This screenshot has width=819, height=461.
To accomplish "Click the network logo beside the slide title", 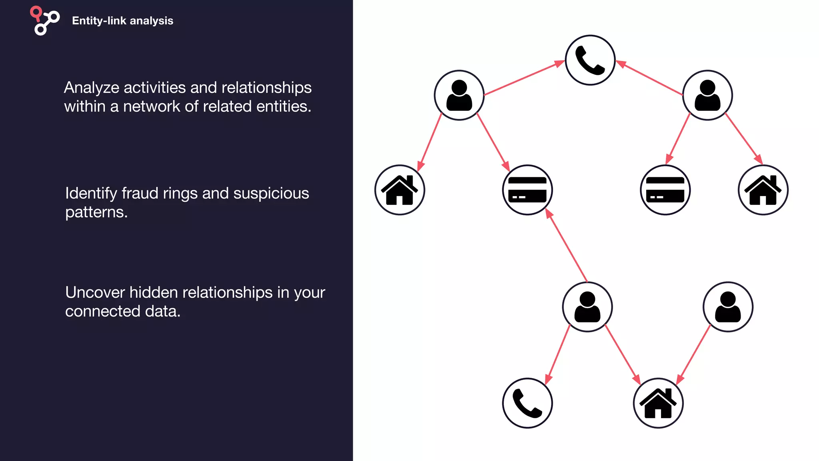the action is point(45,21).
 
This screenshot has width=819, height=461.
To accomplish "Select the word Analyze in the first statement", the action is point(91,88).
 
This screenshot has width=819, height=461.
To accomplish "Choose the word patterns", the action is point(96,212).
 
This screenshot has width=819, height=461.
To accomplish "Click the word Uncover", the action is point(95,293).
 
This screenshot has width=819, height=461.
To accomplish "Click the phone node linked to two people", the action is point(590,60).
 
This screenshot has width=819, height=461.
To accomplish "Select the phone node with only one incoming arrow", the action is point(527,403).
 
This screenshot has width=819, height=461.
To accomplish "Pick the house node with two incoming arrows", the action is point(658,403).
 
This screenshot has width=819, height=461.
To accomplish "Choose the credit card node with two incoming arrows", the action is point(527,190).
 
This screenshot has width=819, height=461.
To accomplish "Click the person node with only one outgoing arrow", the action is point(728,307).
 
